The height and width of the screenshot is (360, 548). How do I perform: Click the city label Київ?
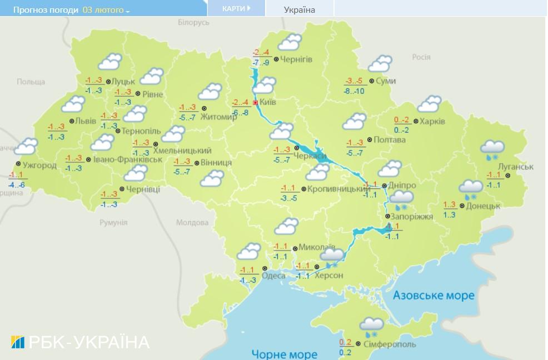pos(268,103)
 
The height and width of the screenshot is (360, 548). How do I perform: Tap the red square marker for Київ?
pos(255,103)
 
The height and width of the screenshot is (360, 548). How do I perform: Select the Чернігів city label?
pos(296,59)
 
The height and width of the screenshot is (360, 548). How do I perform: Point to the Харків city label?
pos(432,121)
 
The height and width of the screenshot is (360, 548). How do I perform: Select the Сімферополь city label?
pos(391,344)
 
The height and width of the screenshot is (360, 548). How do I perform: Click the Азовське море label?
pos(434,295)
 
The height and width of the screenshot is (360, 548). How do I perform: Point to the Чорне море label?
pos(284,354)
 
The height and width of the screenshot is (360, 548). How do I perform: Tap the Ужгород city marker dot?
pos(18,164)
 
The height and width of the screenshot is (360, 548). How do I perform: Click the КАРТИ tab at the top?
pos(236,9)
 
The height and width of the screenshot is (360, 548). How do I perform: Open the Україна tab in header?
pos(299,9)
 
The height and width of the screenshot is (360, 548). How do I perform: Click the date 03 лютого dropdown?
pos(106,10)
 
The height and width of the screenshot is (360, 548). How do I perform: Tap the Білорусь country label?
pos(193,22)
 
